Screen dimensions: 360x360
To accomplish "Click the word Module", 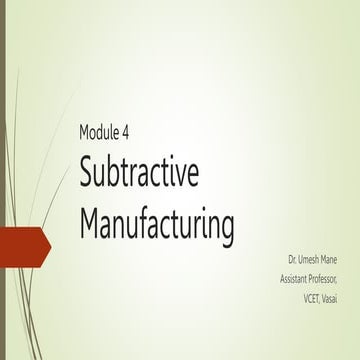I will [101, 134].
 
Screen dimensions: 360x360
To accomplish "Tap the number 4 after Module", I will [132, 134].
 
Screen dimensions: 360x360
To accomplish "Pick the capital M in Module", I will [84, 134].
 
